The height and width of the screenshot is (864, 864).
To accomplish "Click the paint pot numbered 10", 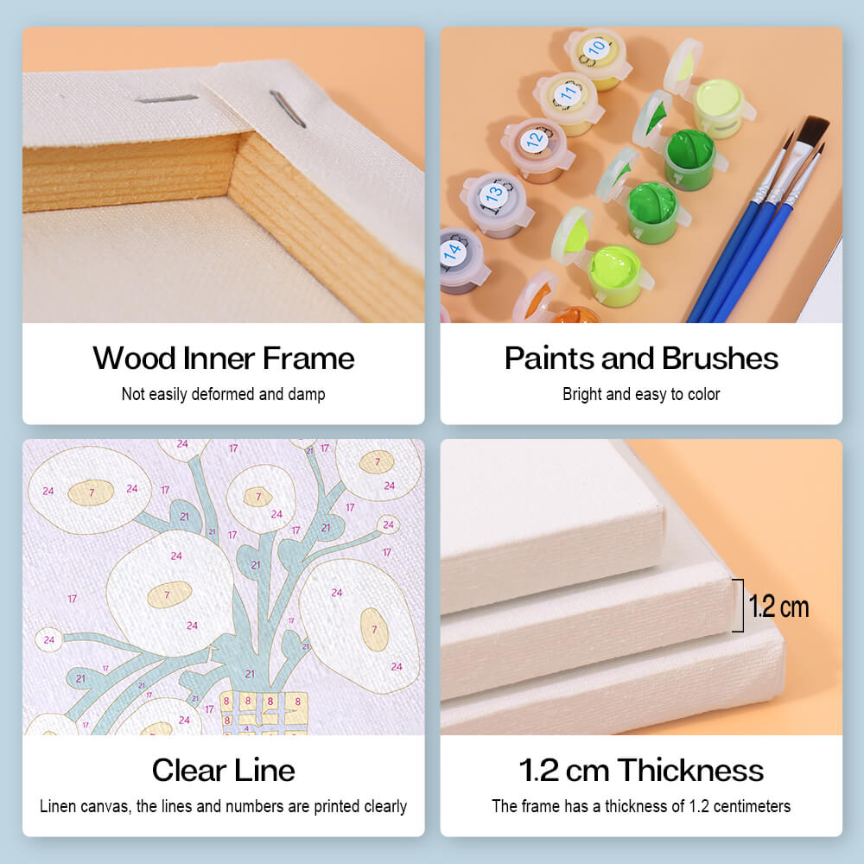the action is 597,59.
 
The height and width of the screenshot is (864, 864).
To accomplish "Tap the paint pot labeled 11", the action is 569,104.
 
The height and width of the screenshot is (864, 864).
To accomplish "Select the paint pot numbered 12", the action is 537,149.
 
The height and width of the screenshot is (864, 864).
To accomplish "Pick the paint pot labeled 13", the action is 496,205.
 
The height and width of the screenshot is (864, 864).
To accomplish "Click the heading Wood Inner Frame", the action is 223,359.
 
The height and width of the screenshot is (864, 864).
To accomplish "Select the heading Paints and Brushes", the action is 641,359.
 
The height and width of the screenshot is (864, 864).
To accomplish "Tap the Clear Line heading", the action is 223,770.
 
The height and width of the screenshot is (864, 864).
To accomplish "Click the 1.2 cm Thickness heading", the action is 641,770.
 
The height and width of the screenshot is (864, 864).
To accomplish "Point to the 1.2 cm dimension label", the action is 778,607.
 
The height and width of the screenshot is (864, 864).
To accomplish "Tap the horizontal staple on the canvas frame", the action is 167,99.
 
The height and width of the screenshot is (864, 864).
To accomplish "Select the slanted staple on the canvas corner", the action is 287,109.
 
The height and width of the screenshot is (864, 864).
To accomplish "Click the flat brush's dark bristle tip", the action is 811,130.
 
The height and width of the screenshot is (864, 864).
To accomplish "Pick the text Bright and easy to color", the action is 641,394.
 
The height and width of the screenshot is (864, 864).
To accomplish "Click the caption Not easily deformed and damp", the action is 223,394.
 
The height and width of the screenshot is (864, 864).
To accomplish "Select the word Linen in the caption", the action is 57,806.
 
